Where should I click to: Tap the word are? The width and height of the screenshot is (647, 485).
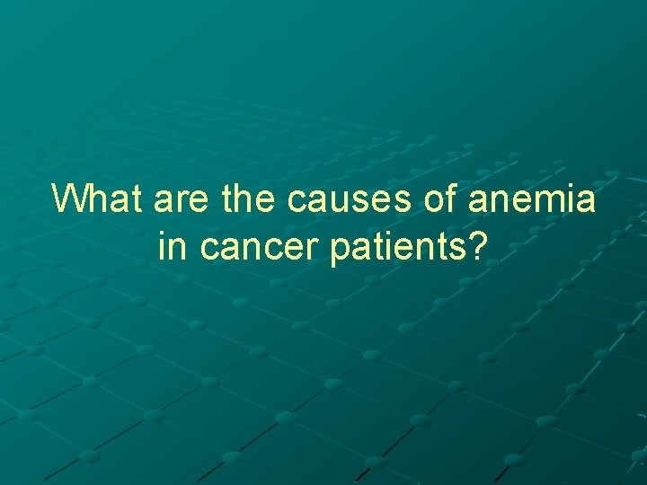click(x=180, y=201)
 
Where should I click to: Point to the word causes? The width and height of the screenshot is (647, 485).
click(x=350, y=201)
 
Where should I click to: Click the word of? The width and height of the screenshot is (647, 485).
click(x=439, y=198)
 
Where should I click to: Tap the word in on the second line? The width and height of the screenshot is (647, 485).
click(x=173, y=246)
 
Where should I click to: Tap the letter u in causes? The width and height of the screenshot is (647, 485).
click(x=344, y=201)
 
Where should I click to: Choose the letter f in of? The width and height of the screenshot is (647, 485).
click(x=451, y=198)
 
